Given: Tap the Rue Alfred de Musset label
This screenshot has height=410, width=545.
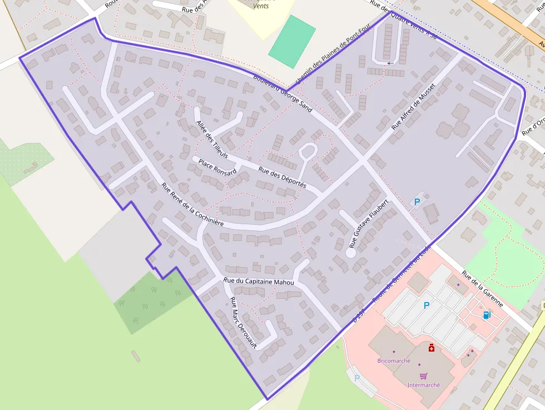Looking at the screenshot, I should (x=413, y=103).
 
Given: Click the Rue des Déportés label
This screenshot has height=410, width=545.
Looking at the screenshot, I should (x=283, y=176).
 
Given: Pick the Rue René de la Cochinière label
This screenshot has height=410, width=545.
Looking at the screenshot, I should (x=192, y=204).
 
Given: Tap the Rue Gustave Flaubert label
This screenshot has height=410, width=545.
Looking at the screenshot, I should (x=368, y=221).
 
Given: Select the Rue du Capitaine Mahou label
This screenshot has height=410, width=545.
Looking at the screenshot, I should (x=258, y=282).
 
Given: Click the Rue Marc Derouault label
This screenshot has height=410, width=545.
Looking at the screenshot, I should (x=244, y=323).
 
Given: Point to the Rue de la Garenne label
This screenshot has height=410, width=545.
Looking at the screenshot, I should (x=482, y=289).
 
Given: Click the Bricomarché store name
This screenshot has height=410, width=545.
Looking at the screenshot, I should (x=394, y=360).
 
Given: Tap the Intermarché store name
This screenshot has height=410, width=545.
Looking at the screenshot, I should (x=423, y=385).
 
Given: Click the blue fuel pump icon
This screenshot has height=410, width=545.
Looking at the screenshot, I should (x=487, y=315).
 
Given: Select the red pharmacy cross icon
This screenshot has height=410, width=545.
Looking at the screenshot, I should (x=431, y=348).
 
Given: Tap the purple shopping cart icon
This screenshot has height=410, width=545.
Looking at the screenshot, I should (x=423, y=376).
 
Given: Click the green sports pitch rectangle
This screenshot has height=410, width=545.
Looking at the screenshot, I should (x=292, y=42).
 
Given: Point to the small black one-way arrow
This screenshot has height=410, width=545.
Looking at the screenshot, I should (x=390, y=63).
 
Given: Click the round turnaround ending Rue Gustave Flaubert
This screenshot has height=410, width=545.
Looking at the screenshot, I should (x=351, y=252).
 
